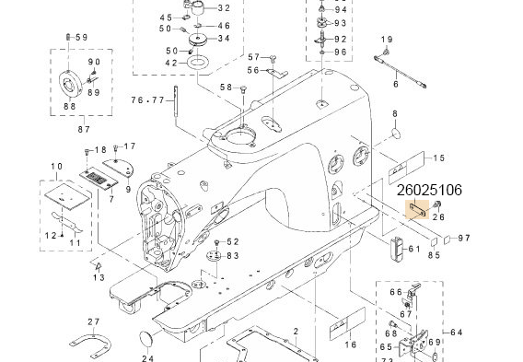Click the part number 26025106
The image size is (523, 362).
click(x=428, y=192)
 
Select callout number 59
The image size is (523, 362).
click(x=81, y=36)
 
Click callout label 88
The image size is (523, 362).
click(x=68, y=106)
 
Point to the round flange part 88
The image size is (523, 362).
click(x=70, y=82)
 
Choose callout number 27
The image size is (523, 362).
click(x=93, y=321)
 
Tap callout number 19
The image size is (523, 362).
click(x=387, y=39)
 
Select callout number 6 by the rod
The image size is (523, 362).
click(x=395, y=84)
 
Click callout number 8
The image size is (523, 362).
click(x=394, y=113)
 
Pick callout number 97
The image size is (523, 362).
click(x=464, y=238)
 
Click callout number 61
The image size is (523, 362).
click(x=413, y=248)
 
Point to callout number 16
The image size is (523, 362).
click(x=349, y=344)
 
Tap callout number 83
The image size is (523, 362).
click(x=232, y=255)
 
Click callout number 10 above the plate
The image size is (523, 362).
click(x=55, y=166)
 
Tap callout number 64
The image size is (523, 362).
click(x=457, y=332)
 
